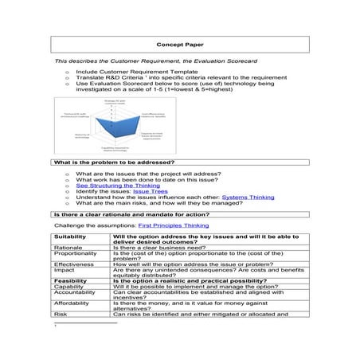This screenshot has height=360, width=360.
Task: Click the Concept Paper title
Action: (180, 45)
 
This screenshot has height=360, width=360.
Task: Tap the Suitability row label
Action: (71, 237)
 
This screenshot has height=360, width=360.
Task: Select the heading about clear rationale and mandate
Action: (131, 214)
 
